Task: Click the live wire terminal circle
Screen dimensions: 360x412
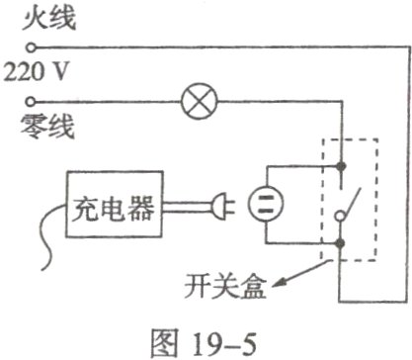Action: [x=33, y=46]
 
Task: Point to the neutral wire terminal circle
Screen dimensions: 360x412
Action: [x=33, y=100]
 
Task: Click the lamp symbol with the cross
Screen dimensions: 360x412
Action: [x=193, y=100]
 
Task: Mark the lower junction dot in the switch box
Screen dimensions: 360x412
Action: [x=341, y=240]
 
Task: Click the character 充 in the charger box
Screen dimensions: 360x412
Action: [x=85, y=208]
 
